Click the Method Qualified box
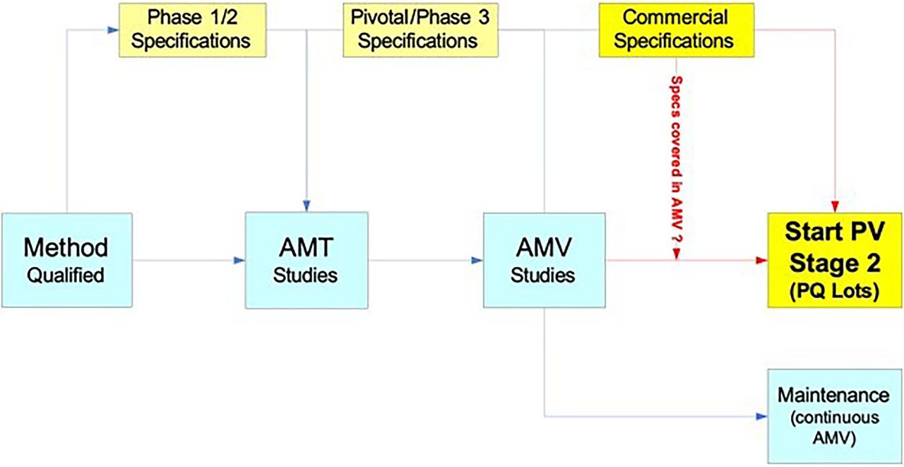[67, 260]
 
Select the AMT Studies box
[307, 260]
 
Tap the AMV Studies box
[545, 260]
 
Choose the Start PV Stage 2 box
[835, 260]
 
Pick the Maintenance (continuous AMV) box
[835, 416]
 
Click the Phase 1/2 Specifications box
[193, 30]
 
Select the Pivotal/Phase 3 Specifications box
[420, 30]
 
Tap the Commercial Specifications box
[677, 30]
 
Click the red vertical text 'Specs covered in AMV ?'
[677, 160]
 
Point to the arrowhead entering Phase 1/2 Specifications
[114, 30]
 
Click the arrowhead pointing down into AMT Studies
[307, 206]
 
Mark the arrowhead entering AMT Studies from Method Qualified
[239, 260]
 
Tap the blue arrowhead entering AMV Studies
[477, 260]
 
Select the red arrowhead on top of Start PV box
[835, 207]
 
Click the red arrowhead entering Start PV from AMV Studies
[761, 260]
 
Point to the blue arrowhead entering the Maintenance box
[761, 416]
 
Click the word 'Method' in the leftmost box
[66, 247]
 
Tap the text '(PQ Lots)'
[834, 290]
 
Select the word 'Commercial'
[675, 17]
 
